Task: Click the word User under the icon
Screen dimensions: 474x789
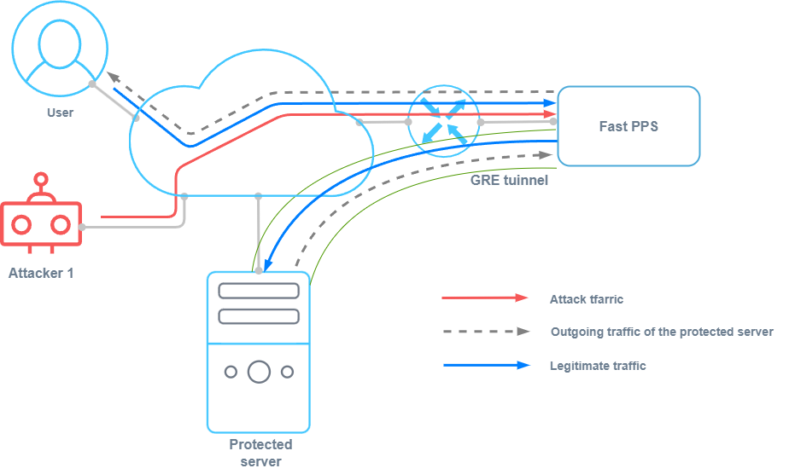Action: (60, 113)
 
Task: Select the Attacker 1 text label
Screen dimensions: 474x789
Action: (41, 274)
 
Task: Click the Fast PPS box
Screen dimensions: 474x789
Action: (628, 126)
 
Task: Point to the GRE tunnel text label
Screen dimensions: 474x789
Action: (509, 181)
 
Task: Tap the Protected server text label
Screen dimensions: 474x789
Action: (260, 453)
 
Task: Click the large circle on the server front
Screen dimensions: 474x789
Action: (259, 372)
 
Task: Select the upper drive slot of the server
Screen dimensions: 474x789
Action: (259, 291)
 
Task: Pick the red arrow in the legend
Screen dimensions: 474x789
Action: (486, 298)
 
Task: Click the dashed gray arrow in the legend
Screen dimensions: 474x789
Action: (486, 332)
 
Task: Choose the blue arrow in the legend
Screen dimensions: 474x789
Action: (486, 366)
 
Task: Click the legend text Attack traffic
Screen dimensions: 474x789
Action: (587, 299)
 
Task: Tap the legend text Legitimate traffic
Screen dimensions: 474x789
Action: (598, 366)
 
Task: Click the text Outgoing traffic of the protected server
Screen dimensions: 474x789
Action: (662, 332)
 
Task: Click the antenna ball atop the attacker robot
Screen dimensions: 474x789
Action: (40, 180)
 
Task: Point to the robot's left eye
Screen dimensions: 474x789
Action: (21, 224)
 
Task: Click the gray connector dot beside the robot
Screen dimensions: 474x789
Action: (84, 228)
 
